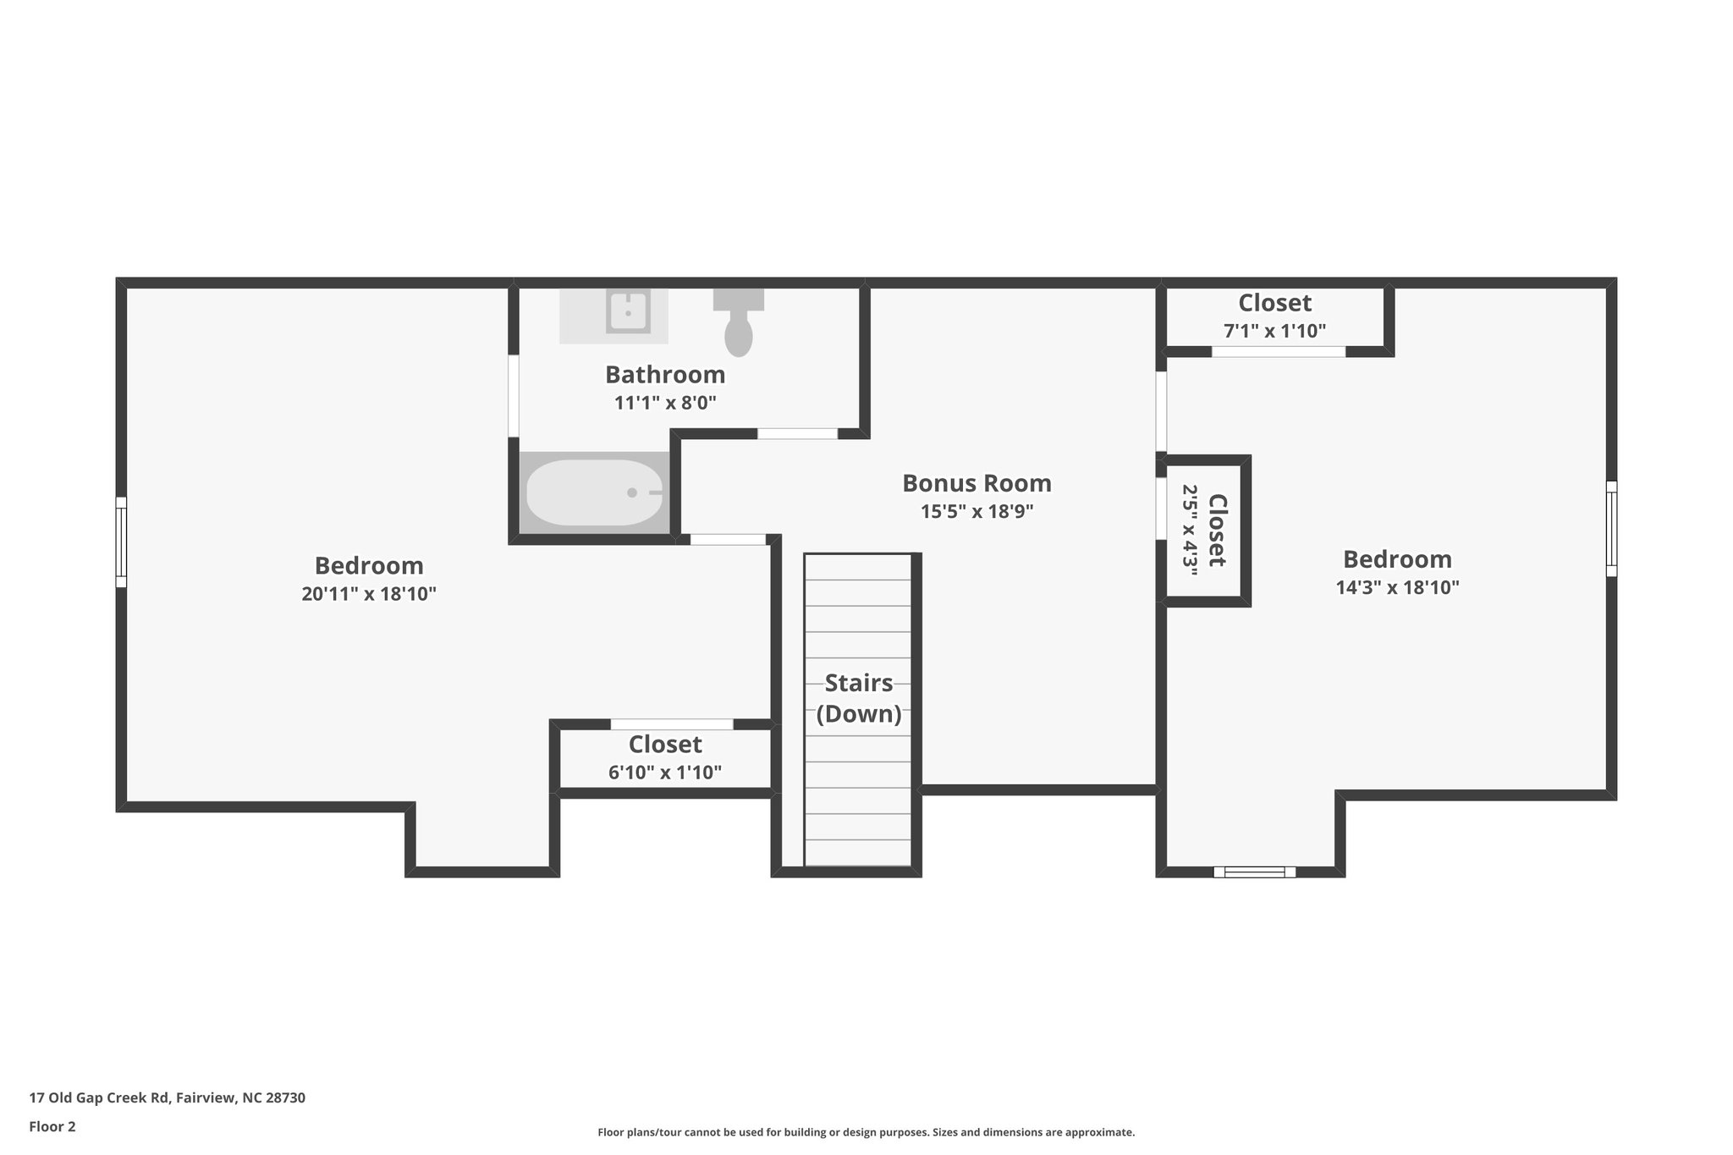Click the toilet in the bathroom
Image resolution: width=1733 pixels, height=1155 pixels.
(x=739, y=326)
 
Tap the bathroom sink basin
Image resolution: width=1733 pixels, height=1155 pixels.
(x=628, y=311)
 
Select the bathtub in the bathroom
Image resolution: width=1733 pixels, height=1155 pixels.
(x=594, y=492)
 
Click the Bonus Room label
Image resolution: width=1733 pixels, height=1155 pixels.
(x=977, y=483)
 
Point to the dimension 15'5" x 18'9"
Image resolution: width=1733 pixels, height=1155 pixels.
(x=977, y=512)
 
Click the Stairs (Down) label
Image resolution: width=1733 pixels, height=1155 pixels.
(x=858, y=698)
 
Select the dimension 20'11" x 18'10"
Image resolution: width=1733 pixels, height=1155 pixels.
(x=369, y=594)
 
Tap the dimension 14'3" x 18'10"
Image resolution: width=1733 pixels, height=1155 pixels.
(x=1397, y=588)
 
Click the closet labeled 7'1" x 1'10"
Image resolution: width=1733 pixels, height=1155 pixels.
(x=1274, y=316)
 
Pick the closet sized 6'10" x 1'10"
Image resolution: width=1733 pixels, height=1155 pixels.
(x=665, y=758)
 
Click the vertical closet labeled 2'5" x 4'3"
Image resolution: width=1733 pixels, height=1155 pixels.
(x=1204, y=531)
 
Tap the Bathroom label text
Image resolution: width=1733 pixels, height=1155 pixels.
(x=665, y=374)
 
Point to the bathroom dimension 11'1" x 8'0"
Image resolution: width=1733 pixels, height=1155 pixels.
(x=665, y=403)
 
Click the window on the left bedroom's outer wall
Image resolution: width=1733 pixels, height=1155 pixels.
(x=121, y=542)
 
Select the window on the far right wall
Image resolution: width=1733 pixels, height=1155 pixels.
(x=1611, y=529)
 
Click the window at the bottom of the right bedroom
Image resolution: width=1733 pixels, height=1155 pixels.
(x=1254, y=872)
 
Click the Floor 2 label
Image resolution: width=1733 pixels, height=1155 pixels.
(x=52, y=1126)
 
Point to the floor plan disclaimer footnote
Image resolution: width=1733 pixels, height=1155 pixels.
(x=866, y=1132)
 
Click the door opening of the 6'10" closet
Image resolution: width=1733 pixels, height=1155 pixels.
(x=672, y=724)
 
